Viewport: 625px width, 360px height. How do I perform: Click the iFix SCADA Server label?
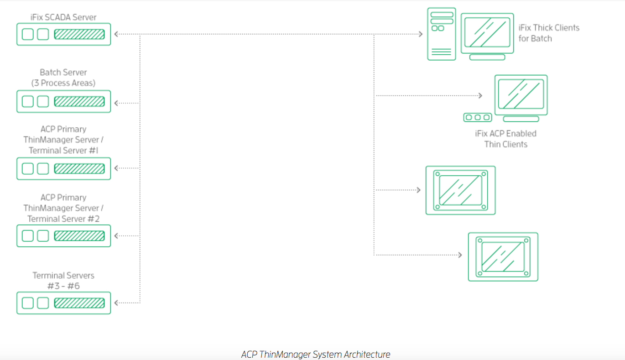pos(63,17)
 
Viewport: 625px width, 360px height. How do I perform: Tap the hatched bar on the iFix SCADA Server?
pos(79,34)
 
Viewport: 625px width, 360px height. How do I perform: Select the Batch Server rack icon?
pos(63,101)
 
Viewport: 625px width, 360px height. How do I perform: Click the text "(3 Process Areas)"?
pos(63,83)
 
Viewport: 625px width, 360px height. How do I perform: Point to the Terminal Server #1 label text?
pos(63,151)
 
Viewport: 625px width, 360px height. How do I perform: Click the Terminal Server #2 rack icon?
pos(63,236)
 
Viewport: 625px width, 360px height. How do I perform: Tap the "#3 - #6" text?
pos(63,286)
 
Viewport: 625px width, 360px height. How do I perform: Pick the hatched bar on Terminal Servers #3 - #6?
pos(79,303)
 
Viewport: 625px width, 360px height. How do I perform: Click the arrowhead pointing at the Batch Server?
pos(117,103)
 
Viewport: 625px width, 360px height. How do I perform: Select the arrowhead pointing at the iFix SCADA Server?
pos(117,34)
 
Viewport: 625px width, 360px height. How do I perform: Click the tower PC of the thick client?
pos(441,34)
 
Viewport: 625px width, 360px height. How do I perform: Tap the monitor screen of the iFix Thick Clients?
pos(487,32)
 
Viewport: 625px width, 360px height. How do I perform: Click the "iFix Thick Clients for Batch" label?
pos(549,33)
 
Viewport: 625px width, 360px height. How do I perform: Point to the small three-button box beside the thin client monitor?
pos(478,117)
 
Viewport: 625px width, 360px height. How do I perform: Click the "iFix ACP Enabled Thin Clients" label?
pos(505,139)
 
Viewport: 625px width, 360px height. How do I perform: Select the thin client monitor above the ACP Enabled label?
pos(521,94)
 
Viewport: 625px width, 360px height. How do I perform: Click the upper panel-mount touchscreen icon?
pos(460,190)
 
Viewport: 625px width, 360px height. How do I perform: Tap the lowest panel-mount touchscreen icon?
pos(503,257)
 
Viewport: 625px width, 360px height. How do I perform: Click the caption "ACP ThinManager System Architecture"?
pos(316,354)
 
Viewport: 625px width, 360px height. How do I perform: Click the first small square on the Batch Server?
pos(28,101)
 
